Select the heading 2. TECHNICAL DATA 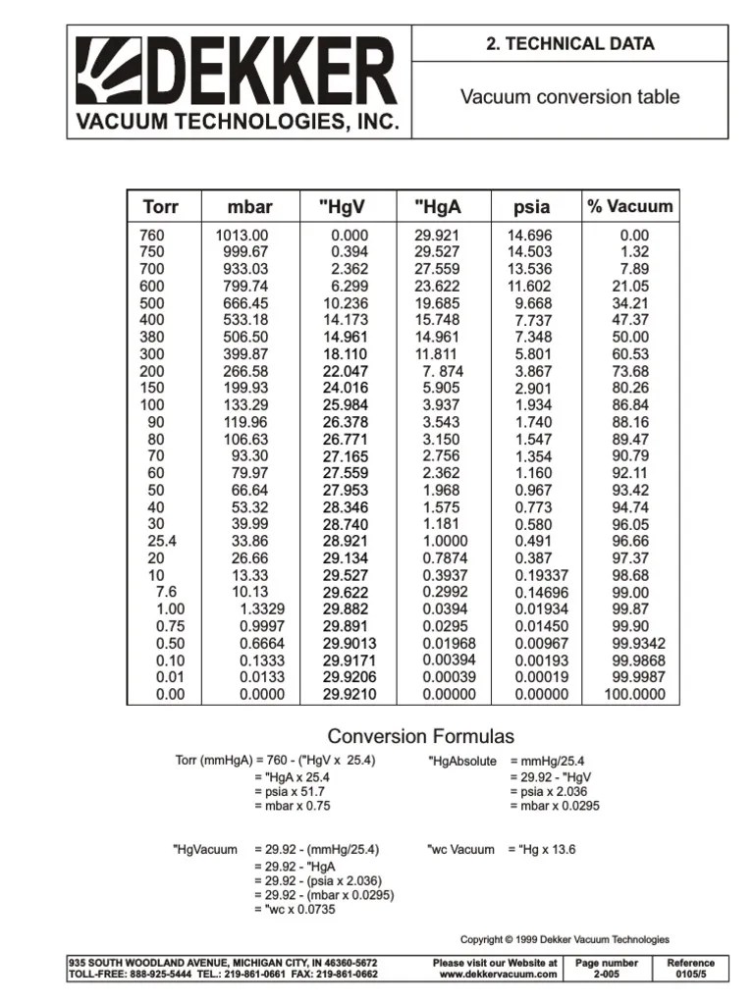(x=569, y=43)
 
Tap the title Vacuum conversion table (x=569, y=97)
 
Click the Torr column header (x=161, y=207)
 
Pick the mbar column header (x=249, y=207)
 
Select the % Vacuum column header (x=629, y=206)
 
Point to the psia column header (x=531, y=207)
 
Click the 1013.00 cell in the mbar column (x=242, y=236)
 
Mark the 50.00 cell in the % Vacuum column (x=629, y=337)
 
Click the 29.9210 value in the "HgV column (x=349, y=694)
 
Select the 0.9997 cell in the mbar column (x=262, y=625)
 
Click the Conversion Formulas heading (x=420, y=736)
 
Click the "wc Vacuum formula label (x=460, y=849)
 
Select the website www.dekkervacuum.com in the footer (x=498, y=974)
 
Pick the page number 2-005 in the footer (x=606, y=974)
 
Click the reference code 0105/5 (x=690, y=974)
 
